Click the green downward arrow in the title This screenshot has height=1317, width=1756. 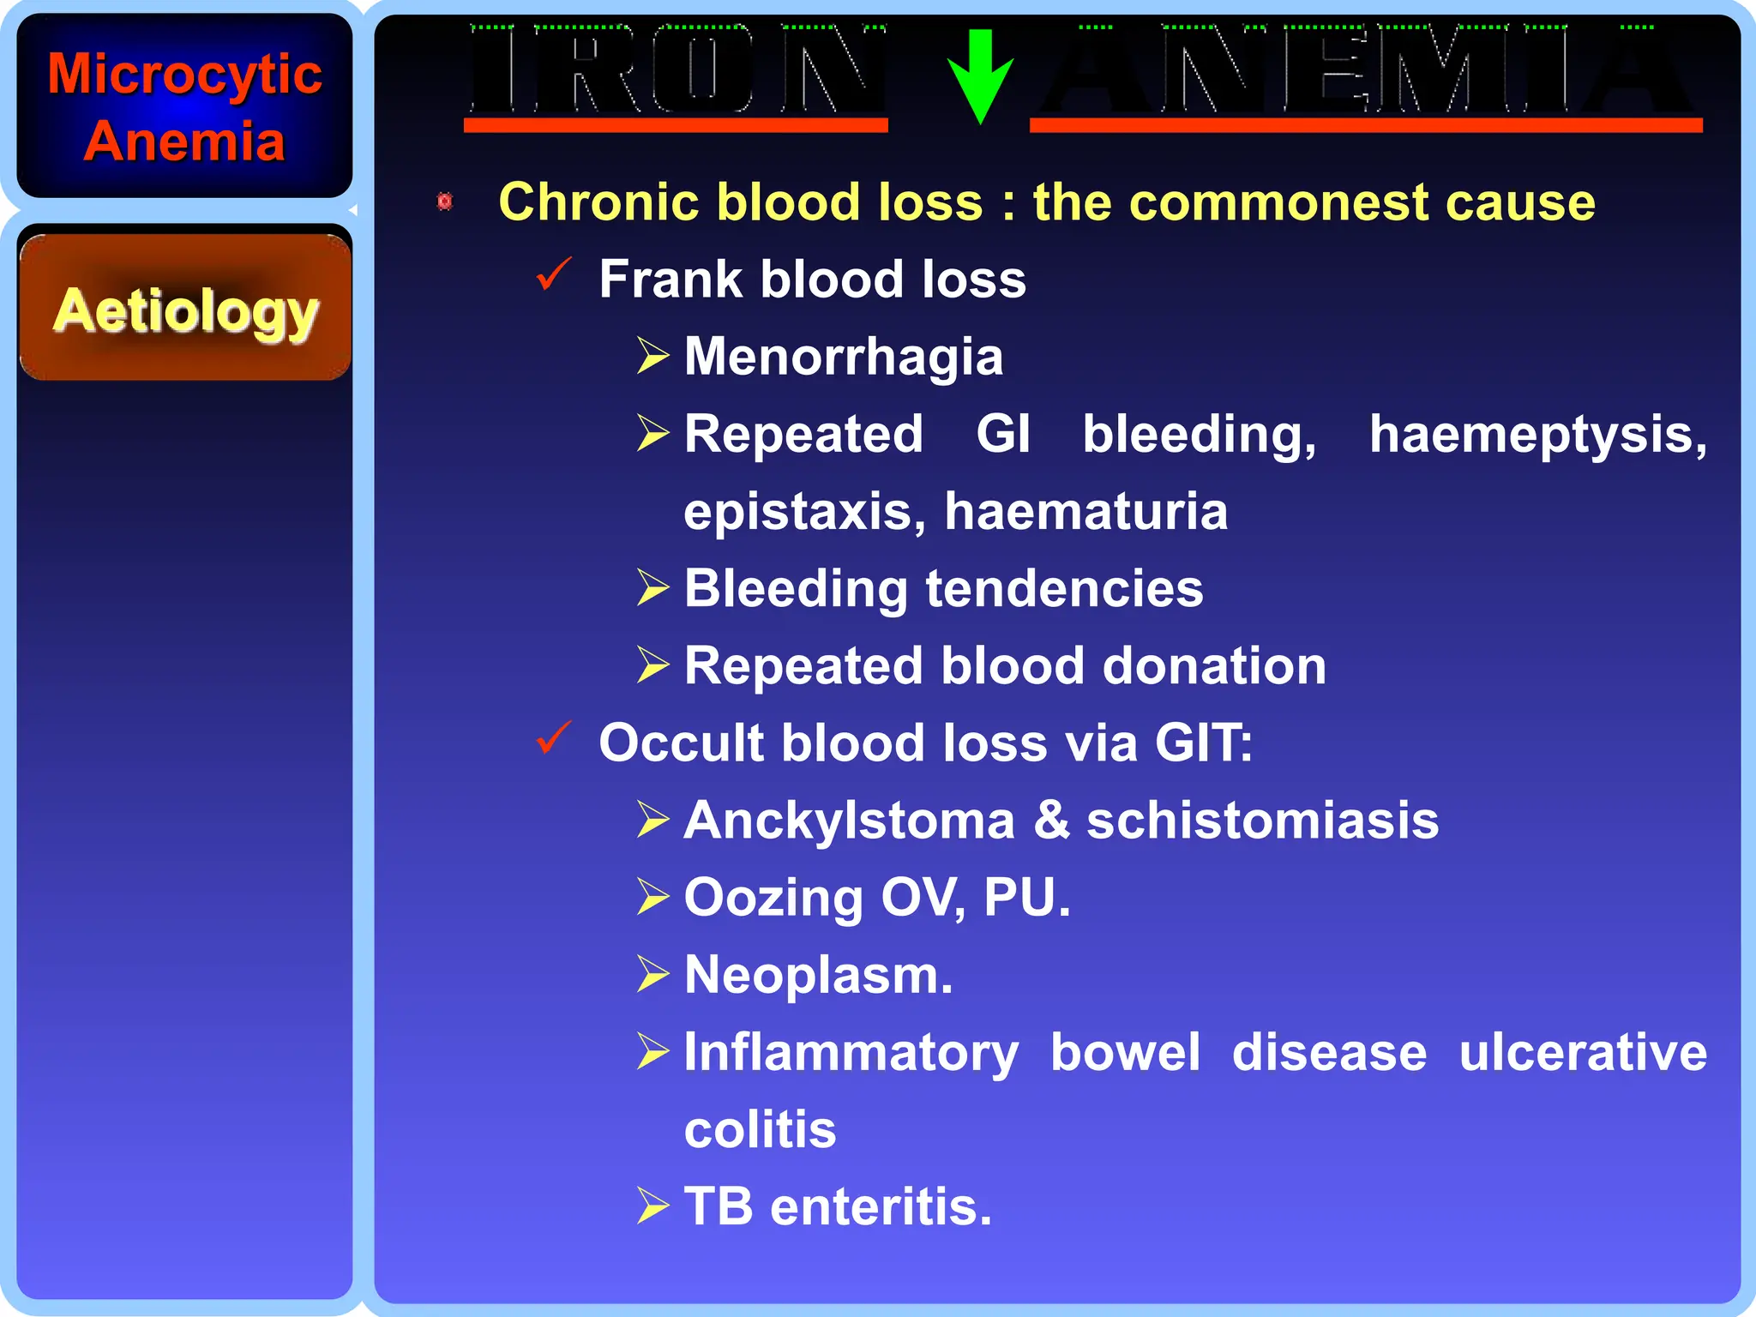(980, 75)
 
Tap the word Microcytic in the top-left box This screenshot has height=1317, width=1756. (185, 75)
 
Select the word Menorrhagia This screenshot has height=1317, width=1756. (844, 357)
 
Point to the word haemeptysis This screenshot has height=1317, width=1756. (1537, 435)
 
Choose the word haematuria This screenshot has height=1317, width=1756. (1086, 512)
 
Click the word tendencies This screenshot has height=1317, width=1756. (1064, 589)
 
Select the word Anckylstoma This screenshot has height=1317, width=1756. (849, 821)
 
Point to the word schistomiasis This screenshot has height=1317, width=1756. (1262, 821)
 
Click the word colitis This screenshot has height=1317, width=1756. (760, 1130)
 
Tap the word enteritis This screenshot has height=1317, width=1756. (881, 1207)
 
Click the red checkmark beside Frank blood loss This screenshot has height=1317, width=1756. (553, 275)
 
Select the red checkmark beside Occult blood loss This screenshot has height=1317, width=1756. (553, 738)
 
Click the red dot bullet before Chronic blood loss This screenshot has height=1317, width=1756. (444, 202)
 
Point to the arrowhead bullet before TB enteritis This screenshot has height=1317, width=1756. (652, 1206)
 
